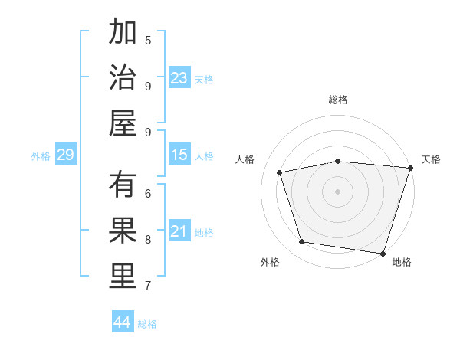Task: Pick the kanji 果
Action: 123,231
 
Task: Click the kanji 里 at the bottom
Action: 123,277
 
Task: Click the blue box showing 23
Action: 179,78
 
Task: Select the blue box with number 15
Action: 179,155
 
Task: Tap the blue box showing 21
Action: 179,232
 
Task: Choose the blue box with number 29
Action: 65,155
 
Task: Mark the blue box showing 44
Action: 123,322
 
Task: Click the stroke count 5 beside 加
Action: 148,40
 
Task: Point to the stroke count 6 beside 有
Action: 148,193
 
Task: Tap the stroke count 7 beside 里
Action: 148,286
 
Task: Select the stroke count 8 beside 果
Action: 148,239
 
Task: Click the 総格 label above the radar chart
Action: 338,100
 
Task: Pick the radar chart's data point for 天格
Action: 410,168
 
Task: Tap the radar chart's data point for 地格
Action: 383,253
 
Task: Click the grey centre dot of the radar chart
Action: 338,191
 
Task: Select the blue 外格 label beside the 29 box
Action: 41,156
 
